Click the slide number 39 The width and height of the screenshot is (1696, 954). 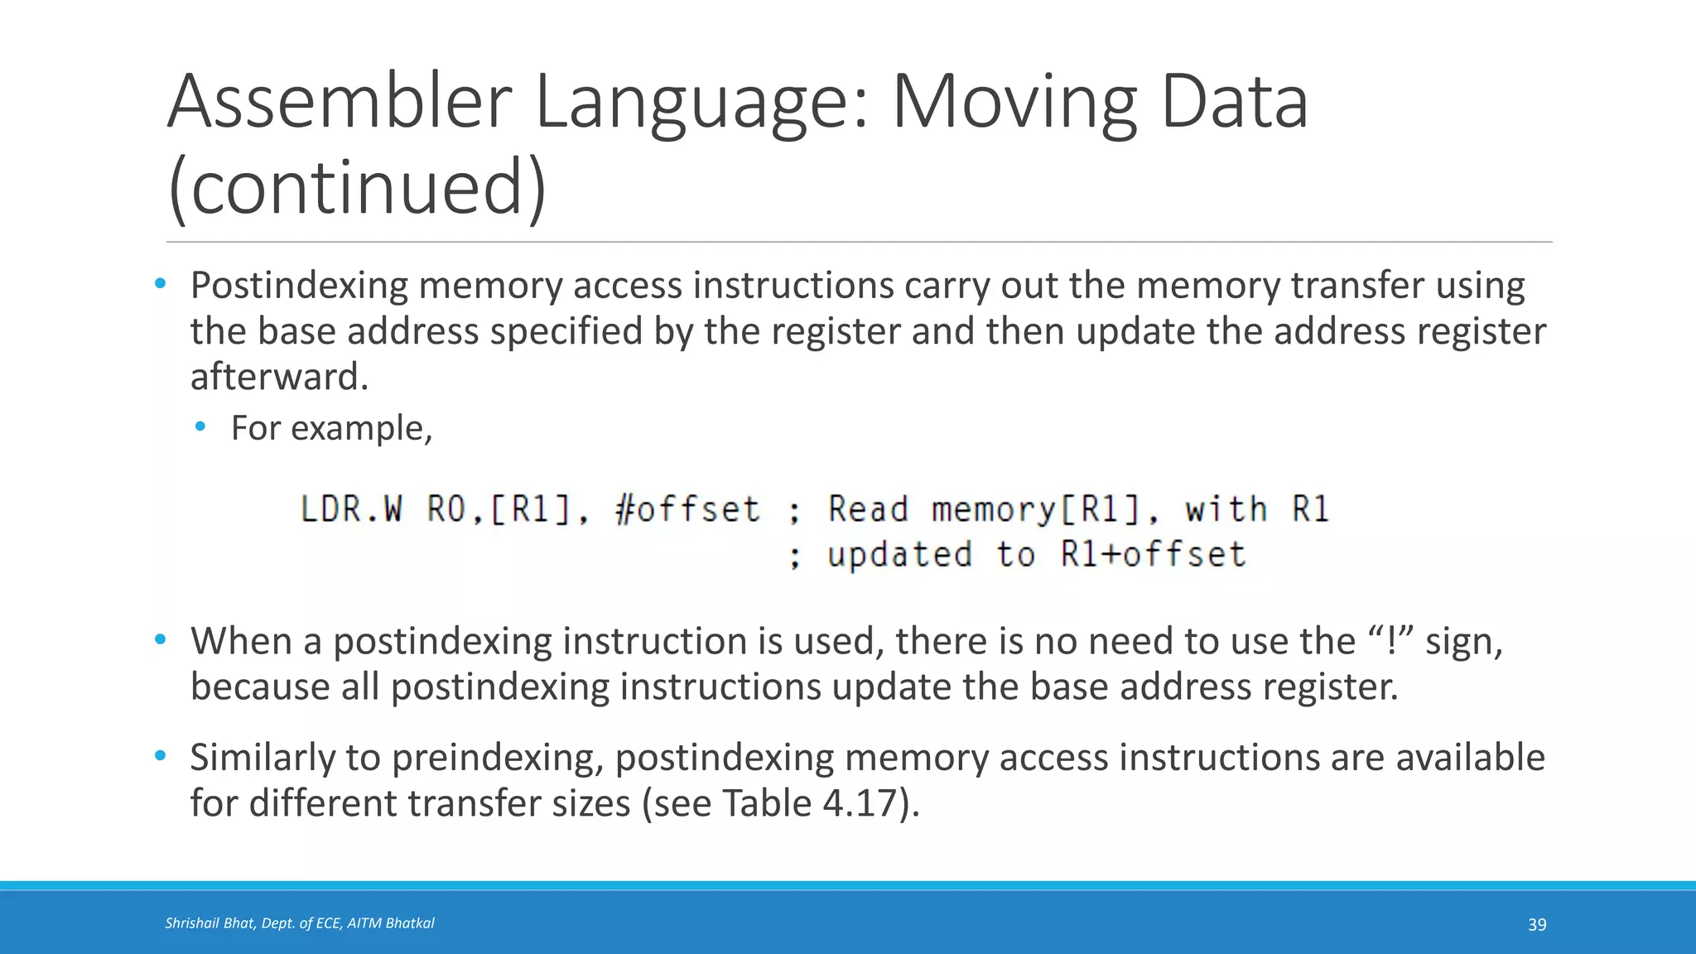pos(1537,924)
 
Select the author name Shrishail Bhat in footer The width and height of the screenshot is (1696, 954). pos(210,923)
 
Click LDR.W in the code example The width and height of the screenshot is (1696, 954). pos(351,509)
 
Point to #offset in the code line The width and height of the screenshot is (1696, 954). pos(688,509)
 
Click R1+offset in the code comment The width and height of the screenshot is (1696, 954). pos(1153,554)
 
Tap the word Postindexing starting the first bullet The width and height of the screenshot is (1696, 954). pos(299,286)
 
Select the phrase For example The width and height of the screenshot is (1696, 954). pos(331,428)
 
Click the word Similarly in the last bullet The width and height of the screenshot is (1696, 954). pos(261,758)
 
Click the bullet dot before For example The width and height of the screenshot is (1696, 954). pos(200,427)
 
